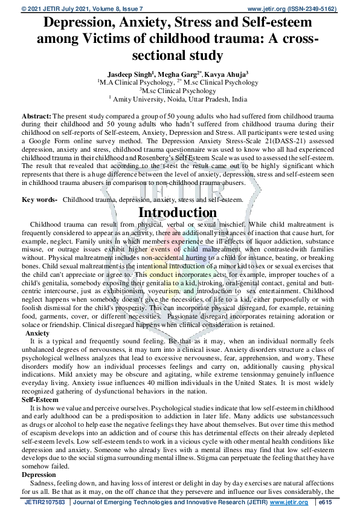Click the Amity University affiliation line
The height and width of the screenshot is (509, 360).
pos(179,99)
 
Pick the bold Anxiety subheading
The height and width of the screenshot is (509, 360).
pos(37,333)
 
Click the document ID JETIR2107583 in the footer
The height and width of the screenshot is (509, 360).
pos(45,502)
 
